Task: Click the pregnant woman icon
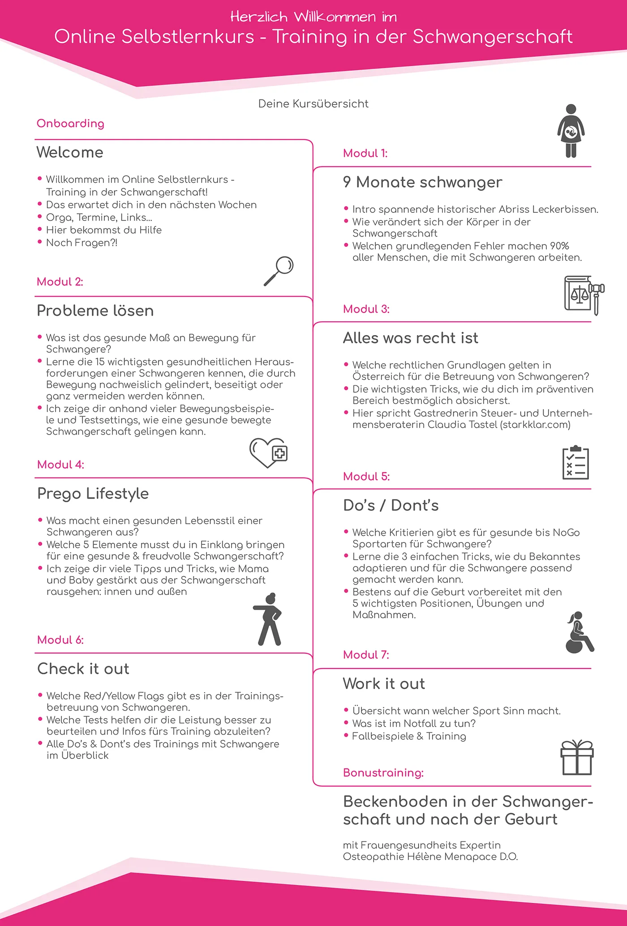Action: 571,131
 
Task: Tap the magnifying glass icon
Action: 279,271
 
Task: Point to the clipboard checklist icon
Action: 575,463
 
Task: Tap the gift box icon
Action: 577,758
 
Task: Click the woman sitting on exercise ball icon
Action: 579,633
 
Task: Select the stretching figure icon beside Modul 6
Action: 269,619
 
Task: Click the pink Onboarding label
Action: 70,124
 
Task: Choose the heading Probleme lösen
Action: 95,311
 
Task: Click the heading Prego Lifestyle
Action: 93,494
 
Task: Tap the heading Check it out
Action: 83,669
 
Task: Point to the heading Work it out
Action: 384,684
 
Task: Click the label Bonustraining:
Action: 383,773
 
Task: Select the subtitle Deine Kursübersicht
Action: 313,104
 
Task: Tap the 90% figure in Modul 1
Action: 559,246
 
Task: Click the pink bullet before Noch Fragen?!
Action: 40,242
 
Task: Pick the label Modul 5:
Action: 366,477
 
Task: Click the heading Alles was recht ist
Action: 411,338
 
